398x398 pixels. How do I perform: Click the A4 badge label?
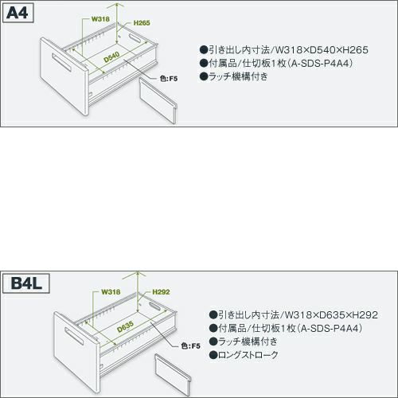pos(18,13)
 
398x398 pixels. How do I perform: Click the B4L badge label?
pos(26,283)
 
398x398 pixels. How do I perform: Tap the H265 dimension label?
pos(142,23)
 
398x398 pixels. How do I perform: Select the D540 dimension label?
pos(111,57)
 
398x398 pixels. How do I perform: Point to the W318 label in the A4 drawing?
pos(100,19)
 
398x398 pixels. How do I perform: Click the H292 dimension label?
pos(161,292)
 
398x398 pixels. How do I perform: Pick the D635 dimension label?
pos(125,326)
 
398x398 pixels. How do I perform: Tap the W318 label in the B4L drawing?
pos(111,292)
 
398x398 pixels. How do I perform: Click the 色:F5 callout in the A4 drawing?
pos(169,79)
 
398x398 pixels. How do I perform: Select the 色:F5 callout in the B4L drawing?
pos(190,346)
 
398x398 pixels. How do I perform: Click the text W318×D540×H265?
pos(322,50)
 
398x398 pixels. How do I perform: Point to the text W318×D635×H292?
pos(331,315)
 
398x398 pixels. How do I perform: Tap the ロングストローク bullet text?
pos(248,355)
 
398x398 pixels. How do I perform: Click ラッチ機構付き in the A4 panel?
pos(238,76)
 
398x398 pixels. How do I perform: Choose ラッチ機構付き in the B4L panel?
pos(248,341)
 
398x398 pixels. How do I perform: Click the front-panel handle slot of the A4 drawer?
pos(61,63)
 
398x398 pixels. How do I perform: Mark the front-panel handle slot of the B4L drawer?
pos(74,337)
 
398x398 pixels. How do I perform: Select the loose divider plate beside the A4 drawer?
pos(158,100)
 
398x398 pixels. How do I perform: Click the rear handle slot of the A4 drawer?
pos(135,38)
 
